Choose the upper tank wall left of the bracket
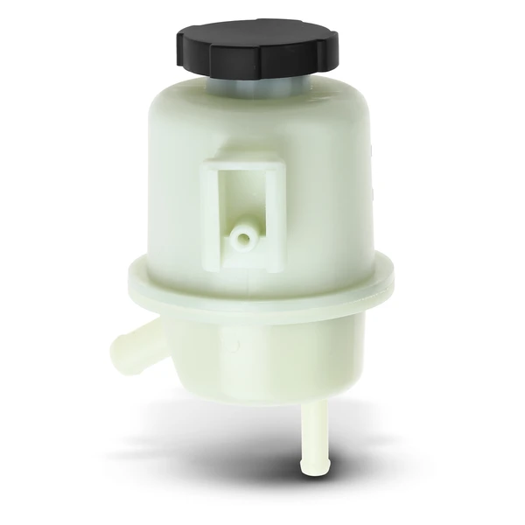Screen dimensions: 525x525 point(171,192)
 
